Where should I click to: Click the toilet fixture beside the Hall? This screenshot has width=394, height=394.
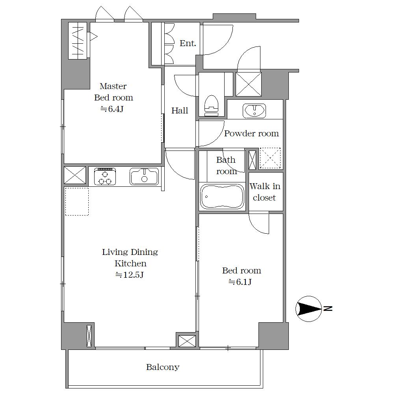[x=211, y=106]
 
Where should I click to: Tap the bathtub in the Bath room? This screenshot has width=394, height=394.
[x=222, y=196]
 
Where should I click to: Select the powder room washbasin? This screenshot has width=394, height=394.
[x=254, y=110]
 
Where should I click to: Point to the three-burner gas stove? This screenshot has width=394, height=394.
[x=105, y=177]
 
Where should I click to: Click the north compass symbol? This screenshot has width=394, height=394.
[x=309, y=309]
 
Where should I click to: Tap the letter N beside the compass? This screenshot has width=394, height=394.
[x=328, y=309]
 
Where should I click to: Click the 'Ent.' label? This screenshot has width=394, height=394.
[x=188, y=43]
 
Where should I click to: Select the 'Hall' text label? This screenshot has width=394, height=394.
[x=180, y=110]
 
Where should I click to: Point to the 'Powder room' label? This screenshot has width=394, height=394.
[x=251, y=133]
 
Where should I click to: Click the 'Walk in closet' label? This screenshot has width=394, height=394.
[x=265, y=192]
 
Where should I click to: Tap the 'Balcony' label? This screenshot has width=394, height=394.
[x=163, y=367]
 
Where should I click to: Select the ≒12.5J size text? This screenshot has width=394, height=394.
[x=129, y=275]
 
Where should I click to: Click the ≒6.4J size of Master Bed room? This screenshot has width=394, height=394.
[x=112, y=109]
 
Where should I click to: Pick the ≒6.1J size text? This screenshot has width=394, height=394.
[x=240, y=282]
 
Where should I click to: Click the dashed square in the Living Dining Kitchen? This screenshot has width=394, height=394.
[x=77, y=201]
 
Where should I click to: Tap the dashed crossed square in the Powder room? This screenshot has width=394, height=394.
[x=270, y=158]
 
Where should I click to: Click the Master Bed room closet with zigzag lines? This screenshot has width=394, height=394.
[x=78, y=41]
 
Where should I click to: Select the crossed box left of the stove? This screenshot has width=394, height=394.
[x=75, y=175]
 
